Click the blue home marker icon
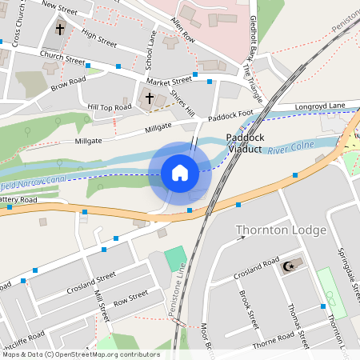click(180, 173)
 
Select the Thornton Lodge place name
click(281, 230)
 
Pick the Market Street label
click(169, 80)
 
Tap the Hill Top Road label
click(110, 106)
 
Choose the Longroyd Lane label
click(320, 105)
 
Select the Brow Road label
click(68, 82)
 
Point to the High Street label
click(99, 37)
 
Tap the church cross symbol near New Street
click(60, 30)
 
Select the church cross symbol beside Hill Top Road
click(149, 98)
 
